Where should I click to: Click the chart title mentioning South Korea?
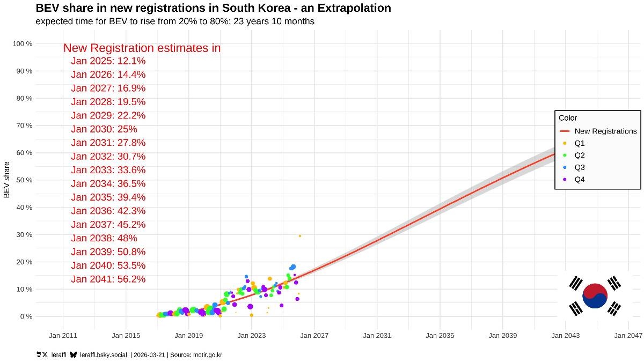pos(213,8)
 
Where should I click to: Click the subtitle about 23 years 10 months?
pos(175,21)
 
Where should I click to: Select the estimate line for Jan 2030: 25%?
pos(104,129)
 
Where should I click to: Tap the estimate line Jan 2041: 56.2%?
pos(108,279)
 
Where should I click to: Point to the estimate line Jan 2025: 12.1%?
pos(108,61)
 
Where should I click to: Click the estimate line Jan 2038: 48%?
pos(104,238)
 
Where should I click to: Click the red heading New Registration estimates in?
pos(142,48)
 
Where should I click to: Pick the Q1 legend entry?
pos(580,143)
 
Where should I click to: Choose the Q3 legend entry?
pos(580,167)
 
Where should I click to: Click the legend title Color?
pos(567,118)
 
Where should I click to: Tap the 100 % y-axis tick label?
pos(23,43)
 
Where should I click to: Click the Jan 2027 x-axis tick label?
pos(314,336)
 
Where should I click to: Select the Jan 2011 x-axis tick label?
pos(63,336)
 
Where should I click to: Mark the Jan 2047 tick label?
pos(628,336)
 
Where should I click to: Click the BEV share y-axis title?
pos(7,180)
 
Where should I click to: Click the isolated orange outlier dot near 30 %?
pos(300,236)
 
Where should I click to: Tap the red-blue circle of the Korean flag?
pos(595,296)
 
